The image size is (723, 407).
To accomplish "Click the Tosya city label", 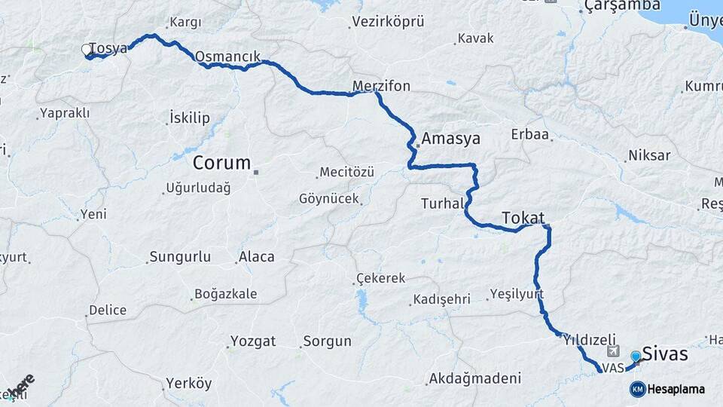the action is (x=108, y=48).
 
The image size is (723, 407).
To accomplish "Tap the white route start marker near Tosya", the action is (x=87, y=50).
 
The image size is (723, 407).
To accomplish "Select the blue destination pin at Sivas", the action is (x=636, y=357).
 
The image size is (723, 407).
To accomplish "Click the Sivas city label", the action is (x=665, y=353).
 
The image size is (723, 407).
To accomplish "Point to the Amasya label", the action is (x=450, y=139).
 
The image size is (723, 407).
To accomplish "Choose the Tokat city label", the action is (x=523, y=217).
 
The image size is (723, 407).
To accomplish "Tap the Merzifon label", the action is (x=381, y=86).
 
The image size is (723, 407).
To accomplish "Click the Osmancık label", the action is (x=227, y=56).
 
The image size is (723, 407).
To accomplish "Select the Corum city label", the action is (x=221, y=162).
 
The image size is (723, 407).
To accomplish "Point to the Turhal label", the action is (x=442, y=203).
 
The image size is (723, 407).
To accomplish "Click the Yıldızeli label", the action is (x=590, y=340).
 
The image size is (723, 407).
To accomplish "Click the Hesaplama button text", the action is (x=676, y=389).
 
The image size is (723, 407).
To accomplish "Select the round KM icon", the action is (x=637, y=389).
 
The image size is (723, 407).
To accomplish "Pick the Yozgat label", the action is (x=253, y=341).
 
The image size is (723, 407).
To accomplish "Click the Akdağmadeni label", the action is (x=474, y=378).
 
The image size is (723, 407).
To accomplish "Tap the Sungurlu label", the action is (x=180, y=257).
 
